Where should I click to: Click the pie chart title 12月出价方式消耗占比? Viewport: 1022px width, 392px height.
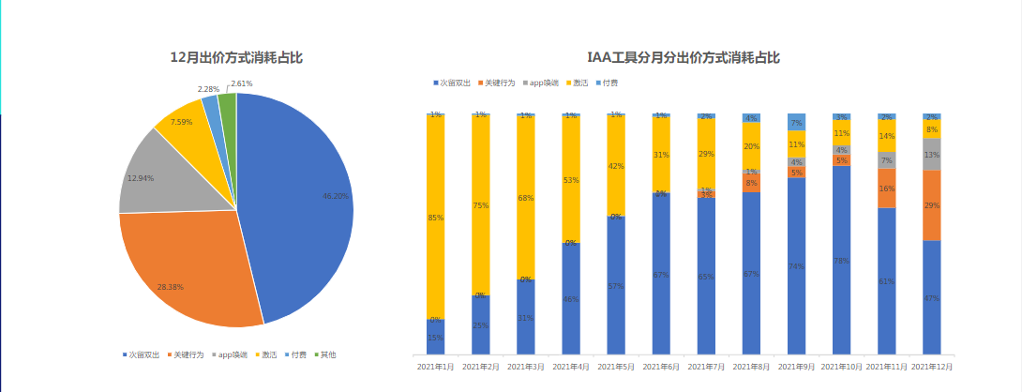(236, 58)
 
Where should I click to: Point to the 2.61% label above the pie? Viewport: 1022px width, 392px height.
(241, 83)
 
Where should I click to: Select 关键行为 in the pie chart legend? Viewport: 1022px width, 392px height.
(188, 355)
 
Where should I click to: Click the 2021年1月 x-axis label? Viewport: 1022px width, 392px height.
(435, 368)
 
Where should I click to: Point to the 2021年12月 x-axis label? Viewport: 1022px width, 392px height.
(932, 368)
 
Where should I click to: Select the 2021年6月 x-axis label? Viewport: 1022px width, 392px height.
(661, 368)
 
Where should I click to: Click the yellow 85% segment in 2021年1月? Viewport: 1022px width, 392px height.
(435, 218)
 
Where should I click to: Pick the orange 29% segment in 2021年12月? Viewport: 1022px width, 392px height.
(932, 205)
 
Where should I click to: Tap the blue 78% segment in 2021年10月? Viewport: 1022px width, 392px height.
(842, 261)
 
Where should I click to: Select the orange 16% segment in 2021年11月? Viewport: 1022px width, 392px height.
(887, 188)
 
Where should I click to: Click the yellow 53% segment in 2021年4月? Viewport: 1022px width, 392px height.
(570, 179)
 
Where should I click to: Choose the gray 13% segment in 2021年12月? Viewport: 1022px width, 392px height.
(932, 155)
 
